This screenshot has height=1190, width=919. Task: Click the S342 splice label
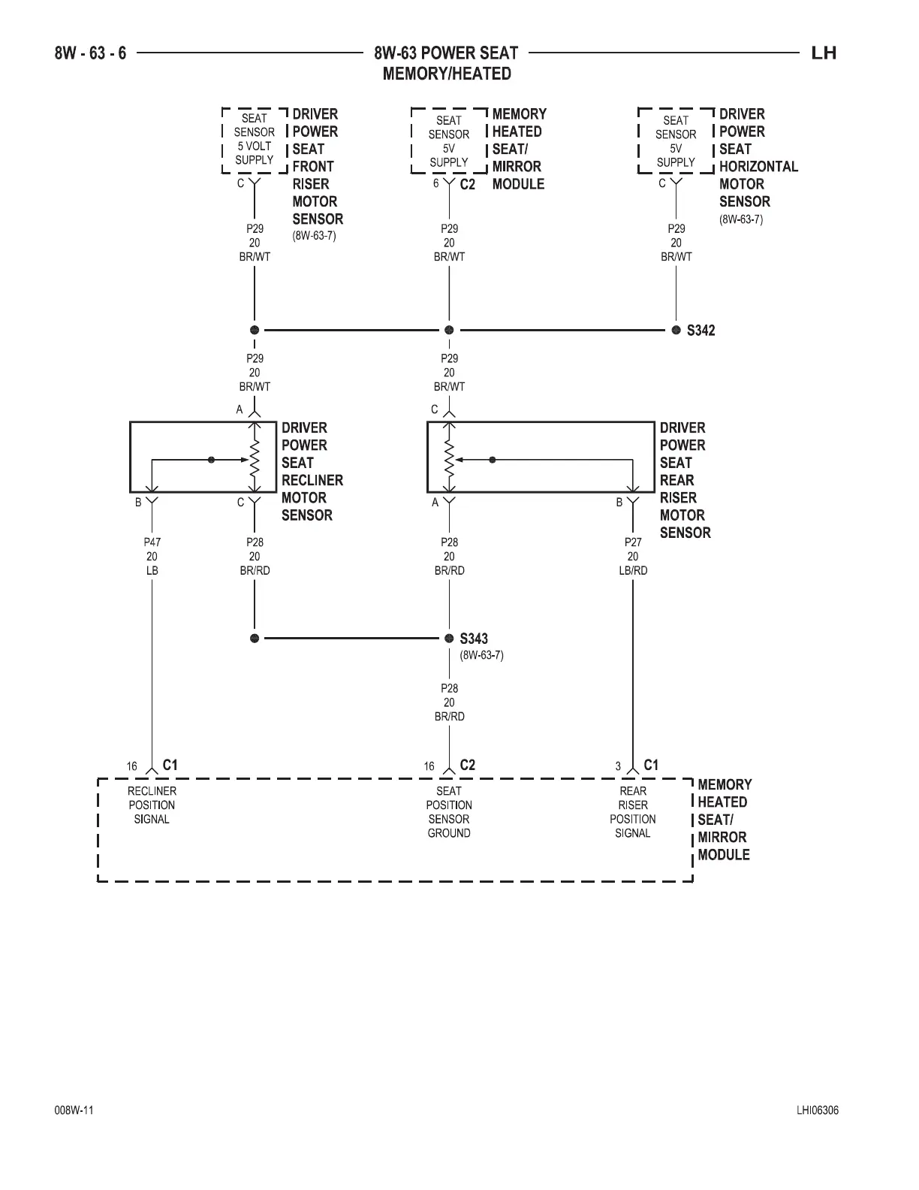coord(701,331)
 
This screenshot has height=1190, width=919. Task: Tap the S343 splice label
coord(474,639)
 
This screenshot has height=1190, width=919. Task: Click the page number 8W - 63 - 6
coord(90,53)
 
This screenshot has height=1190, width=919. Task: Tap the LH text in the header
coord(824,53)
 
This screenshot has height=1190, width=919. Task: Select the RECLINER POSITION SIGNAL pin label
coord(152,805)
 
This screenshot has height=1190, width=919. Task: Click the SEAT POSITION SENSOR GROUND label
coord(449,812)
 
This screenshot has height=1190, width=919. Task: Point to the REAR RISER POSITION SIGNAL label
coord(633,812)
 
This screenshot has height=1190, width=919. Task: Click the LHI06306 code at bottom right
coord(818,1110)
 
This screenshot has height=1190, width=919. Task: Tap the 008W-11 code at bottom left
coord(74,1110)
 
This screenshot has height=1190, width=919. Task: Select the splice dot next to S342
coord(676,330)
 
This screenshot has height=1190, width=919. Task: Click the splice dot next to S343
coord(449,639)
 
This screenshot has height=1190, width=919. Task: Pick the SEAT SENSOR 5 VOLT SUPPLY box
coord(255,140)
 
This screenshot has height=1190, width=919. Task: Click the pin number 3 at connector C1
coord(618,767)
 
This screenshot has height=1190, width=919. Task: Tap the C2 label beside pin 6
coord(467,184)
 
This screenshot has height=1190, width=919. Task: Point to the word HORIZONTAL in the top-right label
coord(758,167)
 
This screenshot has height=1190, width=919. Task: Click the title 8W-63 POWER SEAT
coord(446,53)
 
